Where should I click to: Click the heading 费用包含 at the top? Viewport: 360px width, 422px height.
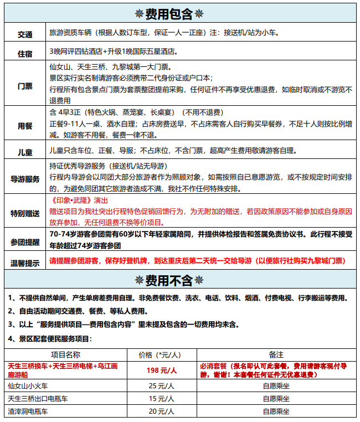[180, 12]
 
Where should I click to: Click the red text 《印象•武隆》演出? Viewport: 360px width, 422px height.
[79, 200]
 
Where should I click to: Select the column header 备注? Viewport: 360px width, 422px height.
[275, 354]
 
